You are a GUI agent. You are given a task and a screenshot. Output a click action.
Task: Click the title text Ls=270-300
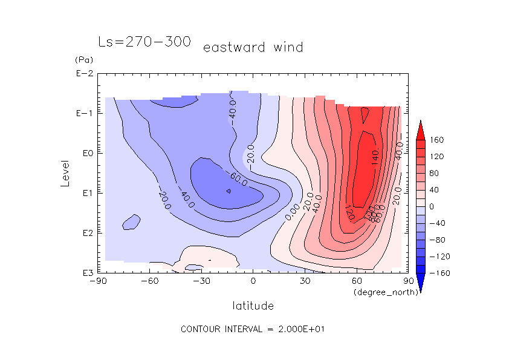144,42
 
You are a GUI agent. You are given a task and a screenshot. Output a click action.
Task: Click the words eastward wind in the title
253,47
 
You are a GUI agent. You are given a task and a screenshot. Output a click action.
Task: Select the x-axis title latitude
253,306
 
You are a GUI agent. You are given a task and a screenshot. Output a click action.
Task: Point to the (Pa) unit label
83,60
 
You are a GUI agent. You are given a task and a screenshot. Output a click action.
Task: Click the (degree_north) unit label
380,292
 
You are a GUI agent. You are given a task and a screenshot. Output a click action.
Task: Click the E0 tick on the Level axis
86,154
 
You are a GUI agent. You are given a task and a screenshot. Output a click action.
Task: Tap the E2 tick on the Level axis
86,233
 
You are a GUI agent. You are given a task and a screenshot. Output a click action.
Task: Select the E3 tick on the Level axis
86,273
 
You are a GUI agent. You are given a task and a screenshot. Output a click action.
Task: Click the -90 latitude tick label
97,281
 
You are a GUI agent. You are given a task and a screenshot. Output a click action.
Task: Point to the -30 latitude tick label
201,281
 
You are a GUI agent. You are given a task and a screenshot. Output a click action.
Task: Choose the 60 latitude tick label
357,281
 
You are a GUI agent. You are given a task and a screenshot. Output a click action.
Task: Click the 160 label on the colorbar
436,140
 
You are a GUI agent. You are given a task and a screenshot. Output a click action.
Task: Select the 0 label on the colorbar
432,206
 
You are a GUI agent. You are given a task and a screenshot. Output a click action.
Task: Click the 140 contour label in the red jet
375,159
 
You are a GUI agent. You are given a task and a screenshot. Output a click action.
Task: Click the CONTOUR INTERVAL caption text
253,329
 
